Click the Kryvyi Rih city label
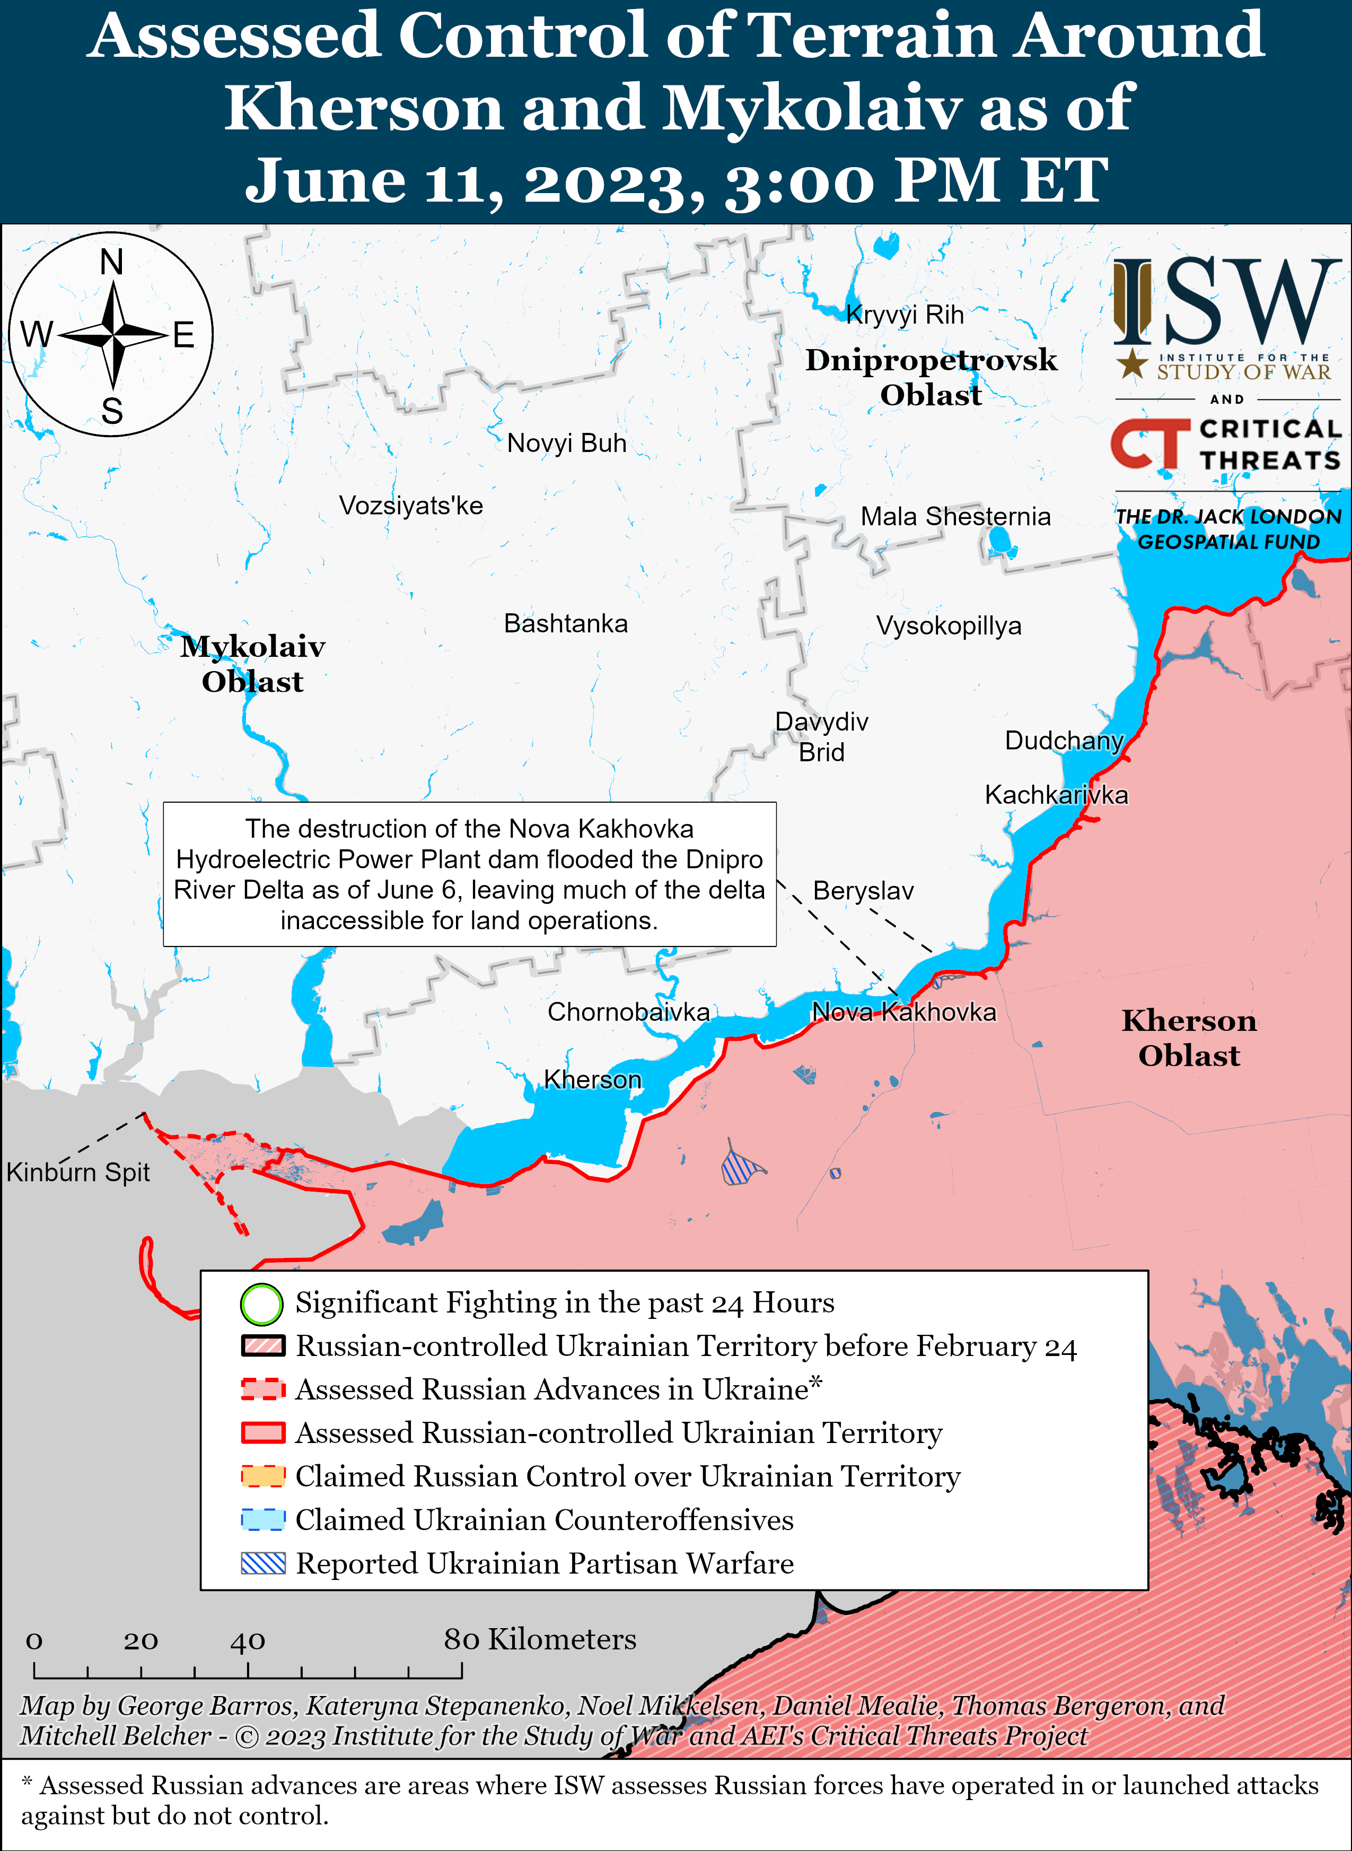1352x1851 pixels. [x=905, y=315]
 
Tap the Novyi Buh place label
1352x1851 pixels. [x=566, y=443]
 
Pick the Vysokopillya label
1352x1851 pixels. [x=949, y=625]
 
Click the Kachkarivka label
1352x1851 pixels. [x=1056, y=794]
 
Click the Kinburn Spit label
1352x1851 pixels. [x=78, y=1172]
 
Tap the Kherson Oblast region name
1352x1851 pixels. [x=1188, y=1037]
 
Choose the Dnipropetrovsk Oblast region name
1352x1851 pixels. [x=930, y=377]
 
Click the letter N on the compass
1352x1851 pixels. [x=111, y=262]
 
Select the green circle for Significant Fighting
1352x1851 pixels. [x=262, y=1304]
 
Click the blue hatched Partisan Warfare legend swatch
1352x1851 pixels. [x=262, y=1563]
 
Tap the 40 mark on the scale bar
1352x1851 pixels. [x=247, y=1640]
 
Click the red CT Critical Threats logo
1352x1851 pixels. [x=1149, y=444]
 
